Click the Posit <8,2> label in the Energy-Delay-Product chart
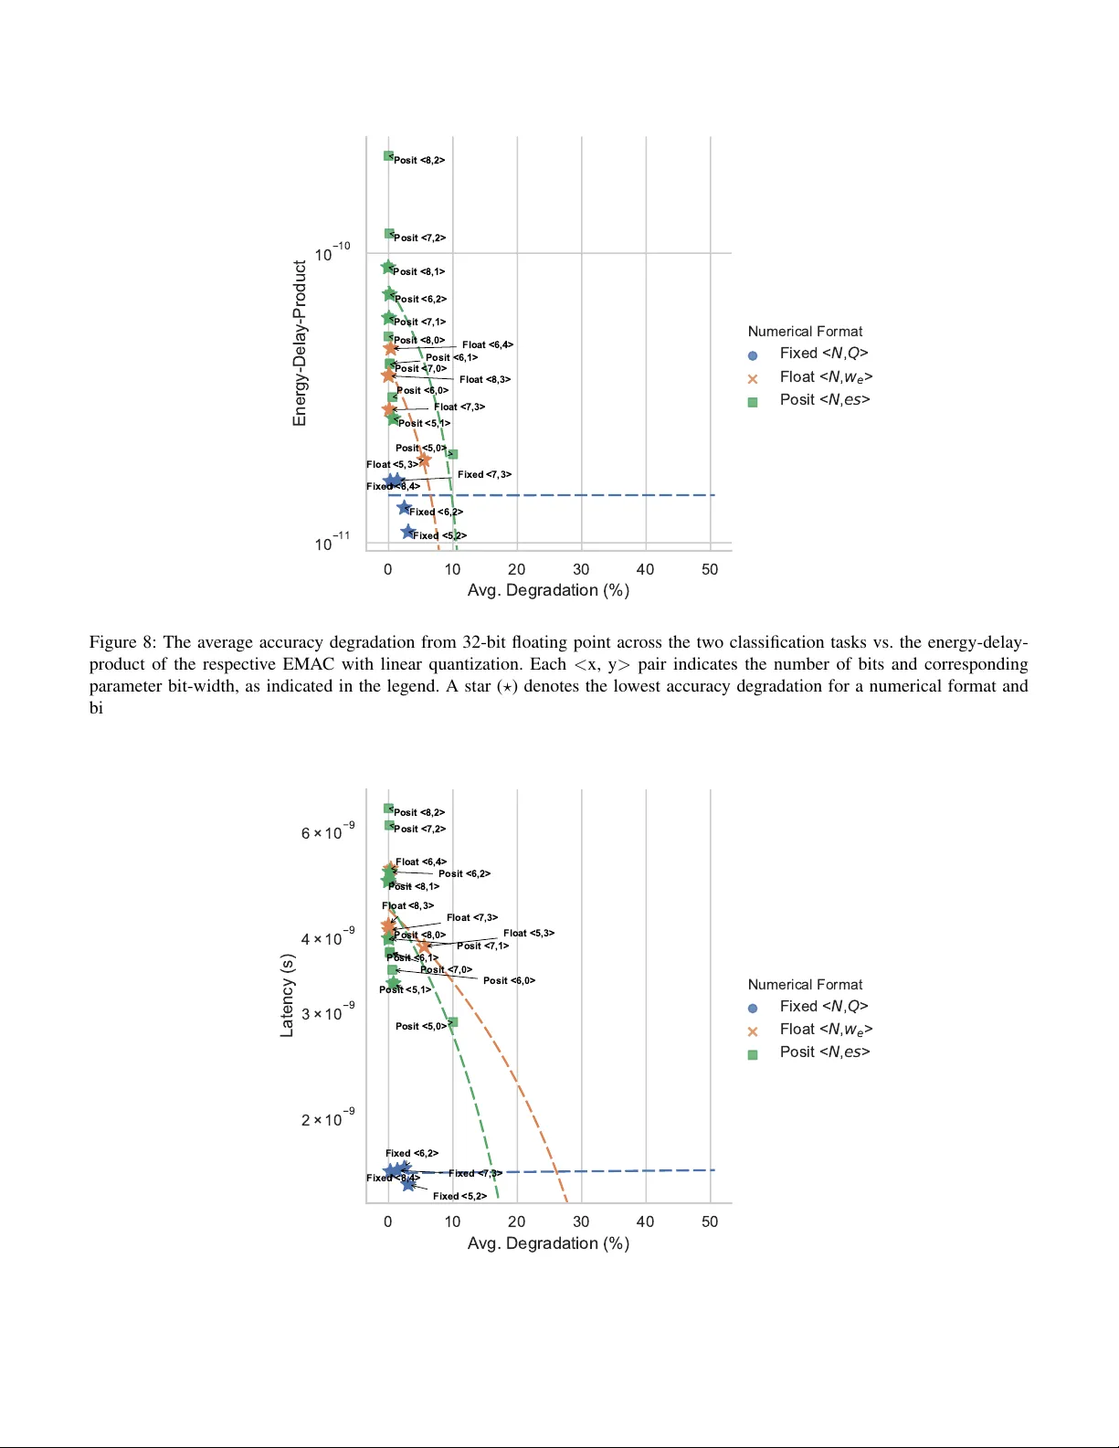(419, 160)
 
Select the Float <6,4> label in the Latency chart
(421, 861)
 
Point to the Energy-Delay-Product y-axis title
(300, 344)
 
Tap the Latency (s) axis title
(287, 995)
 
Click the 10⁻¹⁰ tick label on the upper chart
(332, 253)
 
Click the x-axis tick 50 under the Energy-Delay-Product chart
(710, 569)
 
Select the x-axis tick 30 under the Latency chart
(581, 1221)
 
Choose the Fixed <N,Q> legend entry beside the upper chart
(823, 354)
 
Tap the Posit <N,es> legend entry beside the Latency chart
(824, 1052)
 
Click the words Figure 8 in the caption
(122, 642)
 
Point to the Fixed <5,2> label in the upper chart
(439, 535)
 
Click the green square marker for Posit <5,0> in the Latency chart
(453, 1022)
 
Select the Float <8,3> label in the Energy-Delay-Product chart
(485, 379)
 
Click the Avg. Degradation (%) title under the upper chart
(548, 590)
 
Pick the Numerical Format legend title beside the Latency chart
(805, 984)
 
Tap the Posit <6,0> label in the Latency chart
(509, 980)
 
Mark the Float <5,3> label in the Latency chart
(529, 933)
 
